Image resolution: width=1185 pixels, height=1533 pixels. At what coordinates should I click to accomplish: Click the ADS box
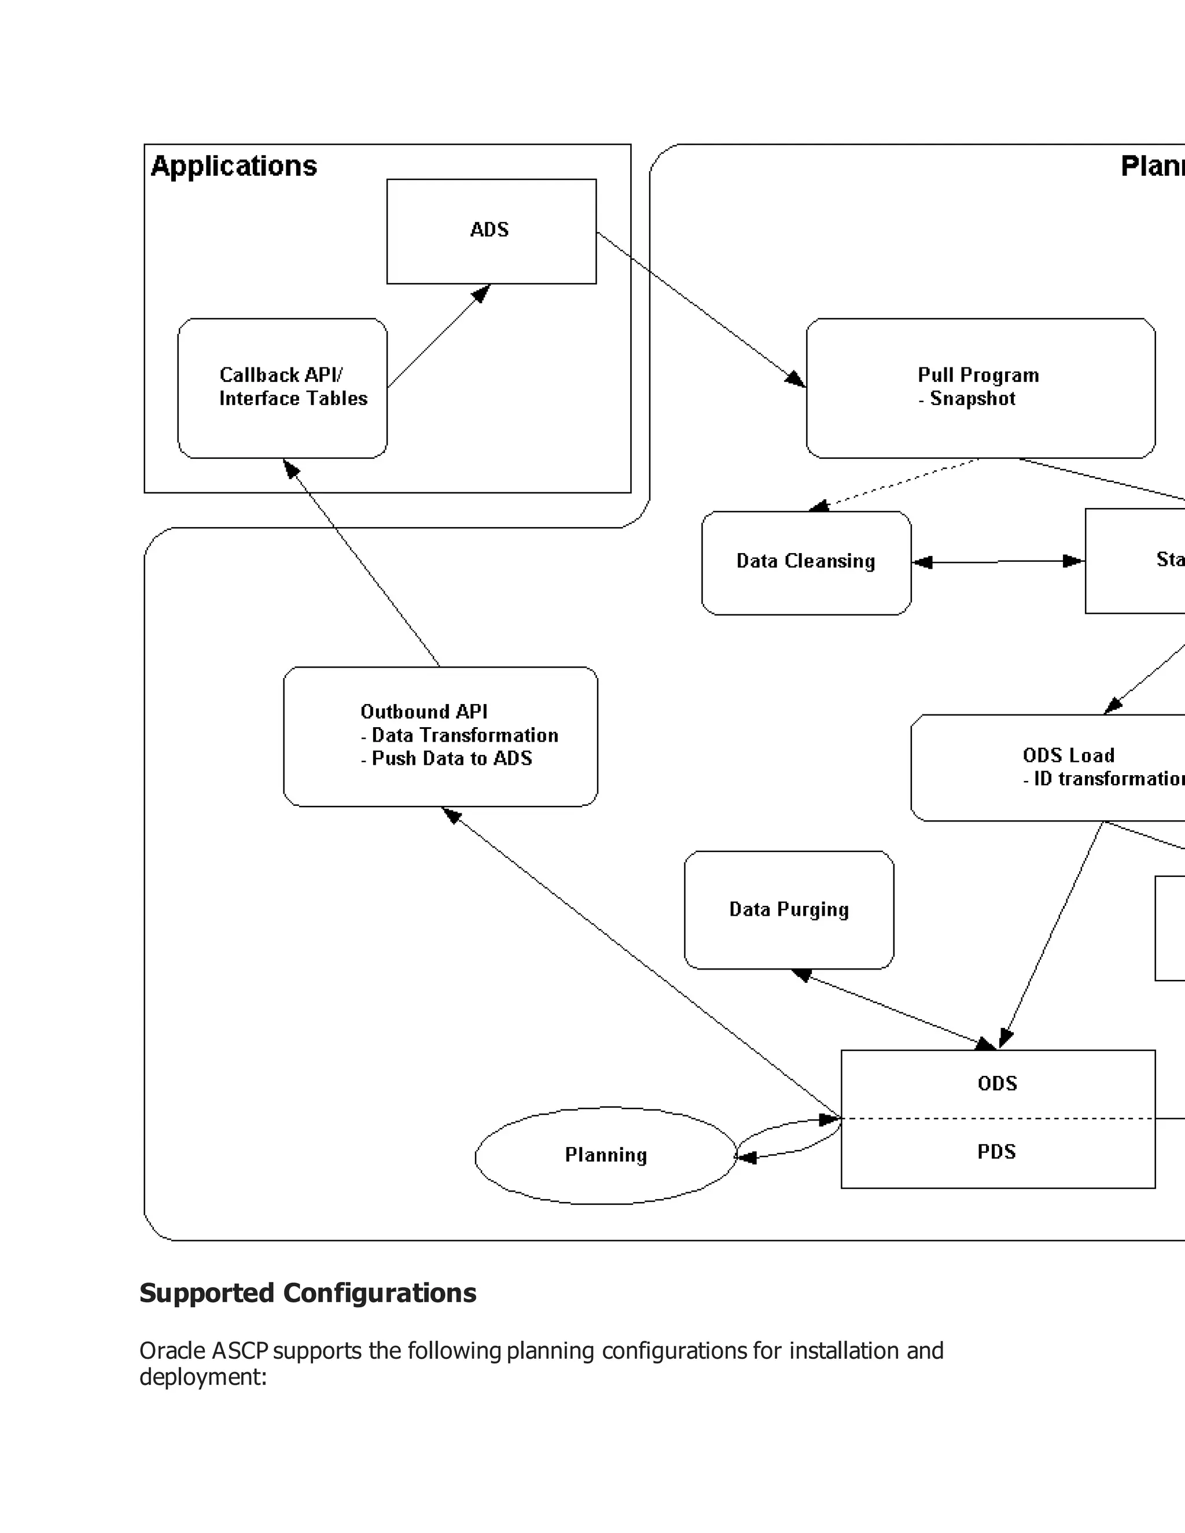pos(491,231)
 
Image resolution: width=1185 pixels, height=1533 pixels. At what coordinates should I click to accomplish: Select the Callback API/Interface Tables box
pos(282,388)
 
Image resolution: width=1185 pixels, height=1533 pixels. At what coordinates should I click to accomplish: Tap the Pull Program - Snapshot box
pos(980,388)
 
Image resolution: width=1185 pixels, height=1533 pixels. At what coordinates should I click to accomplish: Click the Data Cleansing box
pos(806,562)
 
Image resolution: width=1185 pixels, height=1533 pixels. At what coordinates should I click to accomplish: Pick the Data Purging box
pos(789,910)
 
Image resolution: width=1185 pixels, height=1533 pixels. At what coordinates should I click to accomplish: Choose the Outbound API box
pos(440,736)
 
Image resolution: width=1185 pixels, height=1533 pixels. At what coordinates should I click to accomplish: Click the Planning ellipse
pos(605,1155)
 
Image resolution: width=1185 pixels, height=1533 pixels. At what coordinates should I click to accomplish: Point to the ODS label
pos(997,1083)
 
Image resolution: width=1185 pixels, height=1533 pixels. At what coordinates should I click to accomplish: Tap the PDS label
pos(997,1152)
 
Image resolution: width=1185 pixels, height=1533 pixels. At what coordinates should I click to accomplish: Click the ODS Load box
pos(1067,767)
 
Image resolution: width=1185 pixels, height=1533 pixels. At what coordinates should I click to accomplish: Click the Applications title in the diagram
pos(234,167)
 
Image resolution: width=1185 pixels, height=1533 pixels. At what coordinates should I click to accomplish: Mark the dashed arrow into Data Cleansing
pos(899,484)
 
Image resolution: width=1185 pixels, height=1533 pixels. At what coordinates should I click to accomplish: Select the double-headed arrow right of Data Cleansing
pos(998,562)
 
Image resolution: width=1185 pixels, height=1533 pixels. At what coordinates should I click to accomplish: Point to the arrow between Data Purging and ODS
pos(893,1009)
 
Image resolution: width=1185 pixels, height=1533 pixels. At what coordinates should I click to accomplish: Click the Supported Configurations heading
pos(307,1293)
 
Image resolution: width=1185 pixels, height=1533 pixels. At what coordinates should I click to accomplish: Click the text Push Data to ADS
pos(451,759)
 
